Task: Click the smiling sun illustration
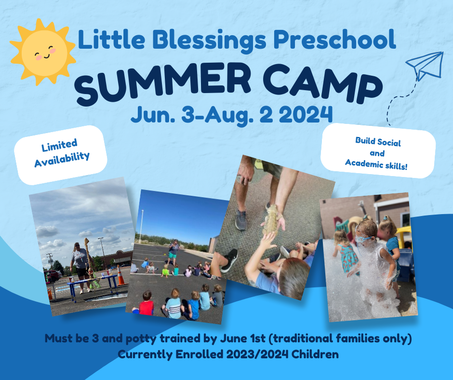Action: pyautogui.click(x=43, y=53)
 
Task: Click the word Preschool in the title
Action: pyautogui.click(x=334, y=40)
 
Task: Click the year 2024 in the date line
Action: pyautogui.click(x=306, y=114)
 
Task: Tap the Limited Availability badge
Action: pyautogui.click(x=61, y=155)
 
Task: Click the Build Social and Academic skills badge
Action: pyautogui.click(x=378, y=150)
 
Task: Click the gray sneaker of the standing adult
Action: pyautogui.click(x=241, y=220)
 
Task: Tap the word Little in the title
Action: pyautogui.click(x=111, y=39)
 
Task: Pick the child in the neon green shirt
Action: pyautogui.click(x=165, y=271)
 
